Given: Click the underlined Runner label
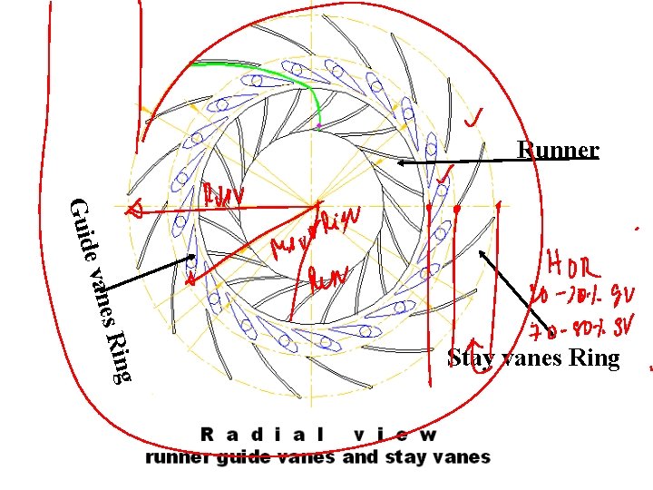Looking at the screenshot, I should tap(557, 150).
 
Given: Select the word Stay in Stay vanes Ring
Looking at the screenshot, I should tap(470, 358).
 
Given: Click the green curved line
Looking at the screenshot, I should tap(272, 73).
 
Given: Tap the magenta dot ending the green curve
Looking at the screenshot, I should tap(319, 123).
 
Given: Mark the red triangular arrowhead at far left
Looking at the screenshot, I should tap(134, 211).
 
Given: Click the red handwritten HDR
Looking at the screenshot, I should tap(573, 266).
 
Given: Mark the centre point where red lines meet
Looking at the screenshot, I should tap(318, 205).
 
